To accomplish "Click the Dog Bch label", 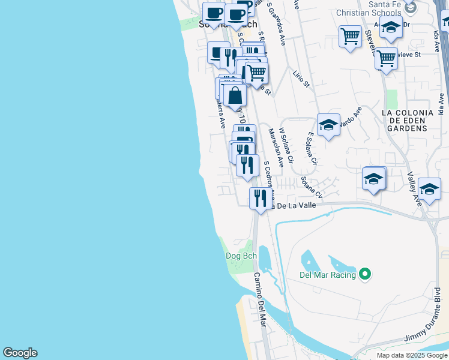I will point(241,256).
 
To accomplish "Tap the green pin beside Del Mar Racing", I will point(365,275).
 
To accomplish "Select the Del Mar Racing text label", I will point(328,275).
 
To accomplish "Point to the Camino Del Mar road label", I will point(259,299).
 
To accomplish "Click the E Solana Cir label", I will point(312,149).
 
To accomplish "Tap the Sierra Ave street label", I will point(220,113).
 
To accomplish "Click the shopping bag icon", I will point(235,95).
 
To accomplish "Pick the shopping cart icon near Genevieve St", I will point(386,58).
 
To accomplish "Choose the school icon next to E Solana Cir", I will point(328,124).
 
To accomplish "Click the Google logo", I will point(20,353).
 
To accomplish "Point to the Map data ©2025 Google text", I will point(411,355).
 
